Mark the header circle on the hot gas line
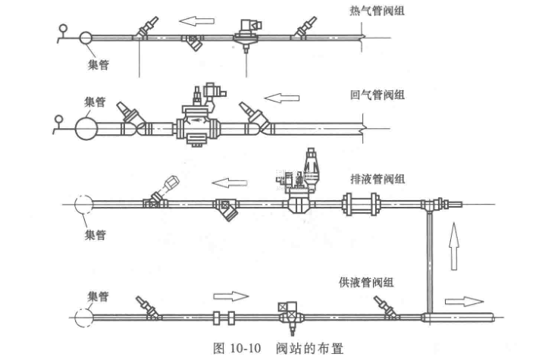pos(84,37)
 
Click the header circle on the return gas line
pos(86,126)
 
